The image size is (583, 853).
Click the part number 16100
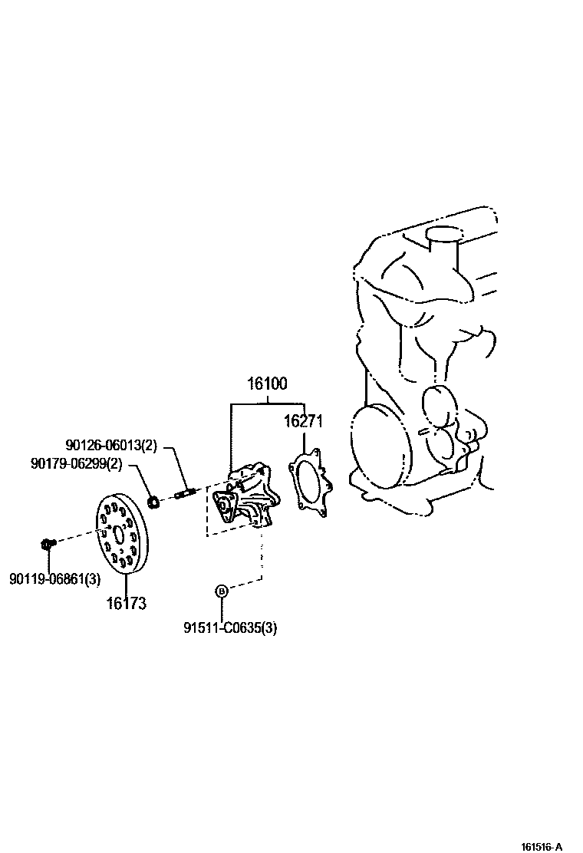pos(266,384)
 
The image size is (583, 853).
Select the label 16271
pos(304,421)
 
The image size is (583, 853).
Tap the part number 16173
pos(126,604)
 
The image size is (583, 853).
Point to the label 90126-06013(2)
pos(110,446)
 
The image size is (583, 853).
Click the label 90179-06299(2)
pos(76,464)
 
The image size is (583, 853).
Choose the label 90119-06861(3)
pos(54,579)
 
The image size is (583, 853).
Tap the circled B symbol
pos(221,591)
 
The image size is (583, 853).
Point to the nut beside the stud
pos(153,502)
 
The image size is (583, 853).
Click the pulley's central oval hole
pos(117,533)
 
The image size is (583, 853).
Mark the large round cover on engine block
pos(378,448)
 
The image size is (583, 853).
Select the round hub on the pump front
pos(225,506)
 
